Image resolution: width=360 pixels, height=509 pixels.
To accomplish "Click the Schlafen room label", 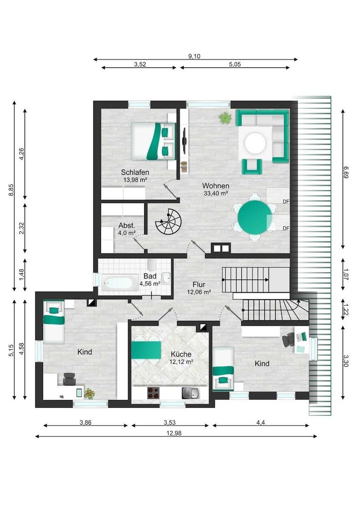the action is [x=135, y=172].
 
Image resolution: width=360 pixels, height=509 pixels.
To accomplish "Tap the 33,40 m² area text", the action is [x=215, y=194].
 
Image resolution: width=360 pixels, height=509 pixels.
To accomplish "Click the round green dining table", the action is [x=255, y=217].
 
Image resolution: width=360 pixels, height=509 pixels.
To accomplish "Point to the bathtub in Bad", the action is [x=116, y=283].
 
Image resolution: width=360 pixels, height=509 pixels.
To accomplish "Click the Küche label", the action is [x=181, y=354].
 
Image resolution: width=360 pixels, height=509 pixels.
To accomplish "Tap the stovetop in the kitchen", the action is [x=154, y=393].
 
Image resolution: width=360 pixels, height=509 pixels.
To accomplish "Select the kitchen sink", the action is [x=191, y=393].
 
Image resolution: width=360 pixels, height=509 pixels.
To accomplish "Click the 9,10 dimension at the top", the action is [x=194, y=56].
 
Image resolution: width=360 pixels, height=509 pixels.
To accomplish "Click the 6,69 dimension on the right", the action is [x=346, y=172].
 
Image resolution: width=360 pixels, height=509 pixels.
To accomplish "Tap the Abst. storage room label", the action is [x=127, y=226].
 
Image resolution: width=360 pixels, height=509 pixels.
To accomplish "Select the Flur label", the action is [x=199, y=285].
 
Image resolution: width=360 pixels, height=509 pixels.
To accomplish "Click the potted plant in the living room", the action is [x=224, y=117].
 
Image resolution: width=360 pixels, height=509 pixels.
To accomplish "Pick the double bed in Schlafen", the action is [x=153, y=141].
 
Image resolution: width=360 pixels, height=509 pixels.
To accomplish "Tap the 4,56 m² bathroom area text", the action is [x=150, y=283].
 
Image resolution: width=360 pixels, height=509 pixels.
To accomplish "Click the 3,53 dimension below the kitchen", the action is [x=170, y=422].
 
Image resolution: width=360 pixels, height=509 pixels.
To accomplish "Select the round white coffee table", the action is [x=255, y=143].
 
